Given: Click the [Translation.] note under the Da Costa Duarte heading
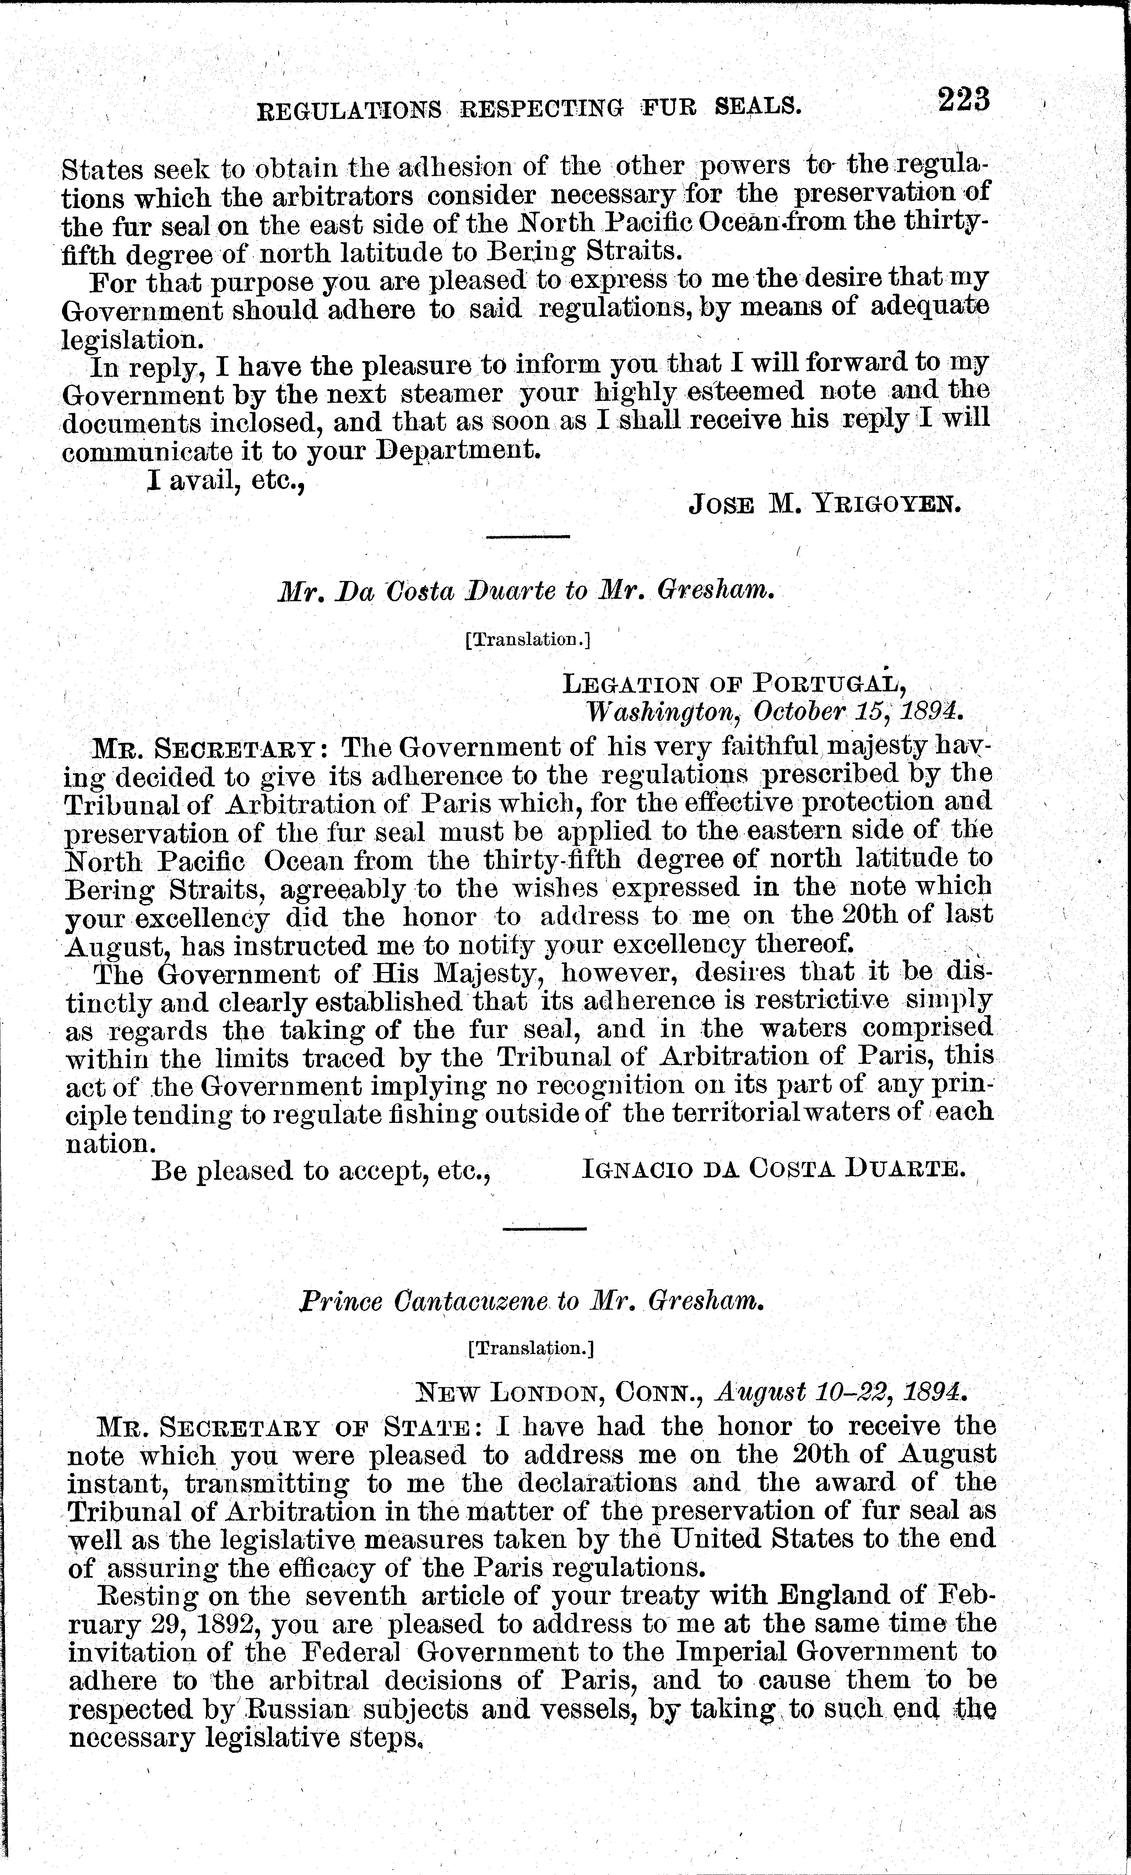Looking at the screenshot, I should [527, 640].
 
